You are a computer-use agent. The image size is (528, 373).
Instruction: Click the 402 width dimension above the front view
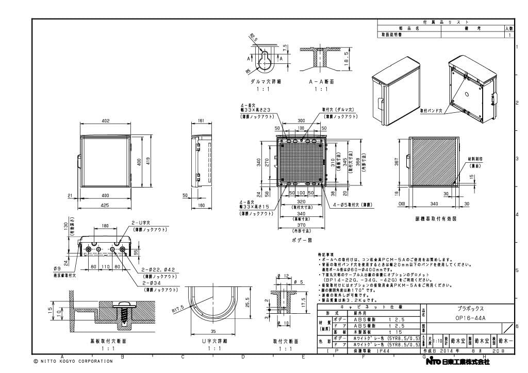pyautogui.click(x=106, y=121)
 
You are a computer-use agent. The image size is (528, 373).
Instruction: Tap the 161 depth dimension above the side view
pyautogui.click(x=201, y=121)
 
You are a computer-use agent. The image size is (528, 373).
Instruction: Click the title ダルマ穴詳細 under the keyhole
pyautogui.click(x=263, y=81)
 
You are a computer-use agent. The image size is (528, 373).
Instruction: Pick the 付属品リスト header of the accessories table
pyautogui.click(x=445, y=22)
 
